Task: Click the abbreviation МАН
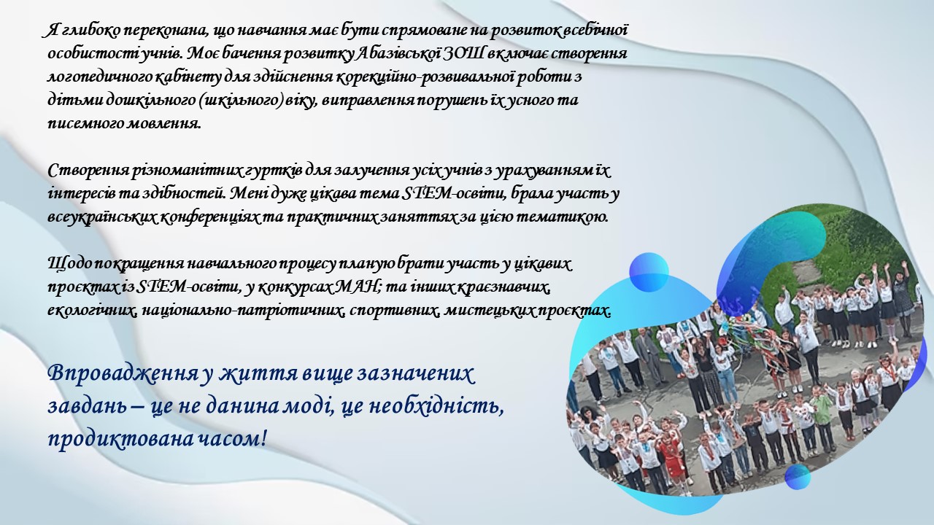click(358, 287)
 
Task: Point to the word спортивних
click(394, 311)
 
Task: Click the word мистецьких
click(488, 311)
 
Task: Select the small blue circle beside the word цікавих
click(649, 272)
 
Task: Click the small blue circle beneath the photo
click(798, 477)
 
